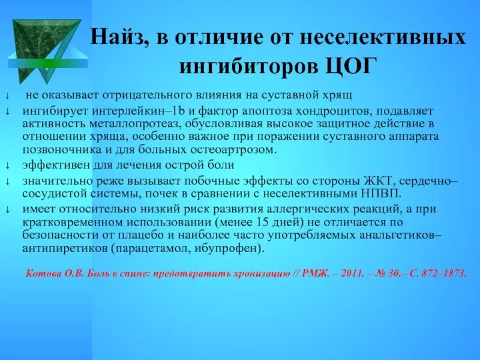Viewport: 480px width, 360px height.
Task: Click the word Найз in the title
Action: pyautogui.click(x=118, y=38)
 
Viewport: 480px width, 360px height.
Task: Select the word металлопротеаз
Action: pyautogui.click(x=118, y=124)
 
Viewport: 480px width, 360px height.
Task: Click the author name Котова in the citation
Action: pyautogui.click(x=42, y=273)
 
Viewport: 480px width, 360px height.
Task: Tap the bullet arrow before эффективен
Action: pyautogui.click(x=8, y=166)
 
